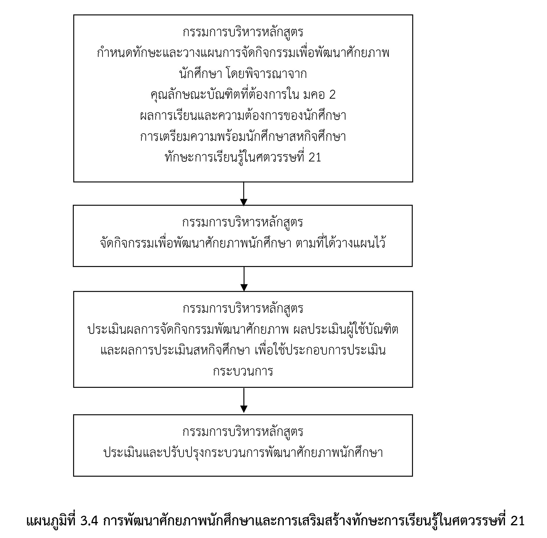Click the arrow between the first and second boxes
[x=244, y=194]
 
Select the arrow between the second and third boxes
[x=244, y=279]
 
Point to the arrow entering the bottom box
[x=244, y=400]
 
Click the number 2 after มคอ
[x=332, y=95]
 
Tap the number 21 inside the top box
[x=315, y=157]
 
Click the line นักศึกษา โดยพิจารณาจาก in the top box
[x=243, y=74]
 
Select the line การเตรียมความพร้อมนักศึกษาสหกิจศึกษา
[x=243, y=137]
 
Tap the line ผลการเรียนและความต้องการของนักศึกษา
[x=243, y=116]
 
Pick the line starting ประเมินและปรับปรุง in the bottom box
[x=243, y=453]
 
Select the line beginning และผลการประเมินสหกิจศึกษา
[x=243, y=350]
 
